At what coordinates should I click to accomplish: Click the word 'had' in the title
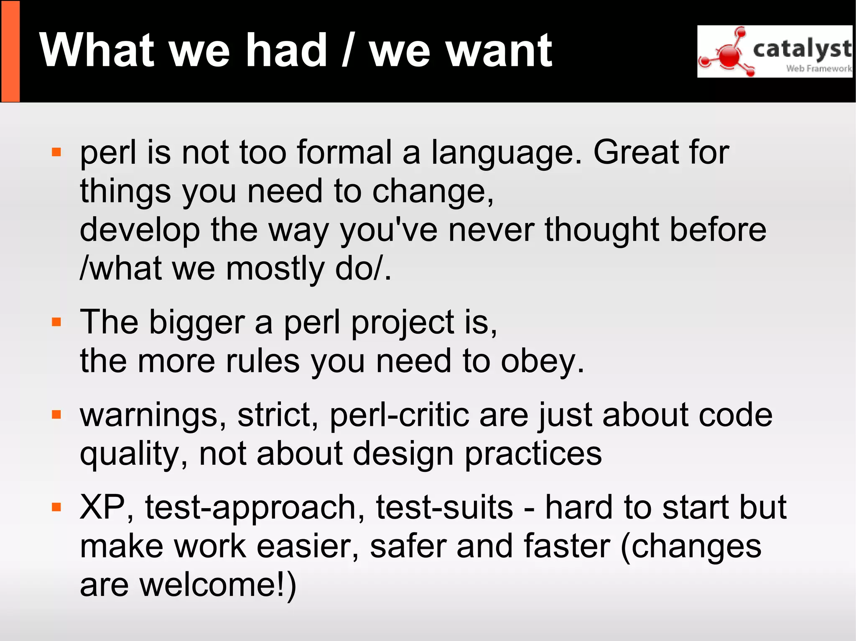tap(286, 51)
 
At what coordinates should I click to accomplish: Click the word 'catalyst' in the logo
tap(802, 49)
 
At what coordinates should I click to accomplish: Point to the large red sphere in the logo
tap(730, 56)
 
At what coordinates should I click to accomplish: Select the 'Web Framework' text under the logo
tap(818, 68)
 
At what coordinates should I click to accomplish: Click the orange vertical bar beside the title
tap(10, 51)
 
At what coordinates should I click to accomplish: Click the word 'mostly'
tap(275, 269)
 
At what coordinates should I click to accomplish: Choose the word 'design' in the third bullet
tap(403, 454)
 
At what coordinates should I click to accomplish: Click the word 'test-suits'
tap(444, 507)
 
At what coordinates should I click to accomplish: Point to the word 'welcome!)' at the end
tap(218, 585)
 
